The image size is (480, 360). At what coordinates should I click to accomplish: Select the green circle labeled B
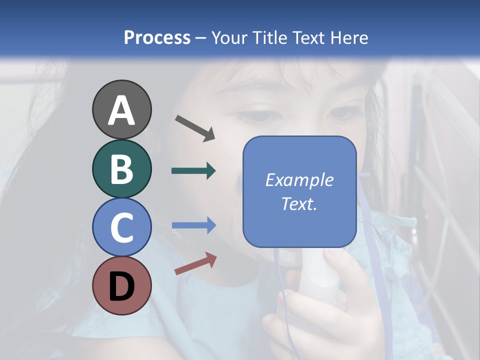click(122, 168)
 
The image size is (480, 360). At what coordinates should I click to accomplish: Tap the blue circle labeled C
click(122, 227)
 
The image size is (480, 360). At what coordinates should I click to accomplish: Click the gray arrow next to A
click(195, 128)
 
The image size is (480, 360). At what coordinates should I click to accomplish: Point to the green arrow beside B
click(193, 171)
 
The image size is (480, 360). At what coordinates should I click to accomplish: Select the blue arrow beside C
click(193, 225)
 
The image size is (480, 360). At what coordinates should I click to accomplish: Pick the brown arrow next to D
click(195, 263)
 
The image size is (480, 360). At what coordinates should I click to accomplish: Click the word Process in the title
click(157, 37)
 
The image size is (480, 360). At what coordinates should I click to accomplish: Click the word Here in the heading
click(349, 37)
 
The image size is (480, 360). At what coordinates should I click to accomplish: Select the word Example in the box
click(299, 180)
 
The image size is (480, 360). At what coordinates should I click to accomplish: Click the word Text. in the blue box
click(299, 203)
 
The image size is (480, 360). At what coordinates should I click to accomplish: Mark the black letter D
click(122, 287)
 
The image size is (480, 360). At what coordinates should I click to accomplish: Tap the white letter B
click(122, 169)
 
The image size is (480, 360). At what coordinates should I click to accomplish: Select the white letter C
click(122, 227)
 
